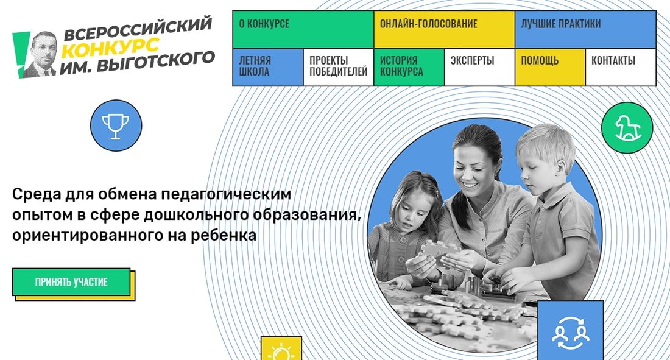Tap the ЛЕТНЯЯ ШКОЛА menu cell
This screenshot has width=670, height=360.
click(x=267, y=67)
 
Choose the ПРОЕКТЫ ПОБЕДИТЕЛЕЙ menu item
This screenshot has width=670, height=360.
click(x=338, y=67)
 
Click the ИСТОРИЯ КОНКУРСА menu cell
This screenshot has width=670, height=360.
click(x=409, y=67)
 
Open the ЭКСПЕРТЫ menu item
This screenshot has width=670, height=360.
click(x=479, y=67)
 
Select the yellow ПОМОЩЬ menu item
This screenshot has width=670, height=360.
click(x=550, y=67)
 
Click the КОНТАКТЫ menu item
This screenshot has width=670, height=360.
click(x=620, y=67)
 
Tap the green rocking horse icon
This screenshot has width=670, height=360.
click(x=627, y=128)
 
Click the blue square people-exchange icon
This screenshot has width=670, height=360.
click(x=570, y=330)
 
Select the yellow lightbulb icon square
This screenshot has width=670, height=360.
click(x=281, y=350)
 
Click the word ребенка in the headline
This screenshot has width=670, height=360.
click(x=220, y=235)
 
